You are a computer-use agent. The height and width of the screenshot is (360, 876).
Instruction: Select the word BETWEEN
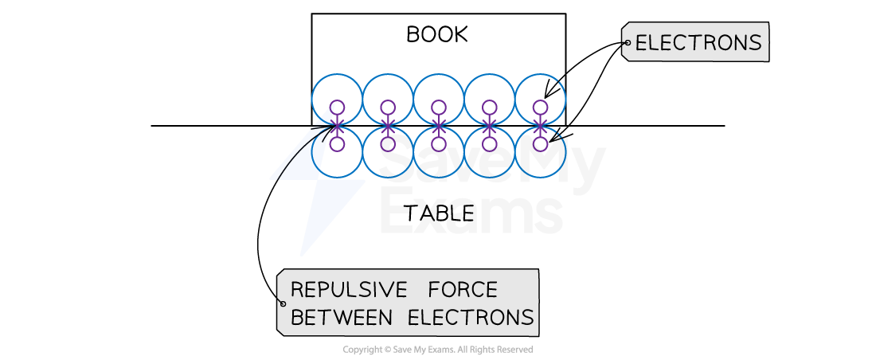coord(341,318)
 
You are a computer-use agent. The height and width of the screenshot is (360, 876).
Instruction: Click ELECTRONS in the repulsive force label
coord(470,318)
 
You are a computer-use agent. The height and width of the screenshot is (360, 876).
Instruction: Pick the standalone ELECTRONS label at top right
coord(698,43)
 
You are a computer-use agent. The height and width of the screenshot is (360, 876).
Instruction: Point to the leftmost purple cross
coord(337,125)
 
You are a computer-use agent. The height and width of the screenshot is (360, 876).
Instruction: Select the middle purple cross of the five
coord(439,125)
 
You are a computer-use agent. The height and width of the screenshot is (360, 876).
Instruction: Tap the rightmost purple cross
coord(541,125)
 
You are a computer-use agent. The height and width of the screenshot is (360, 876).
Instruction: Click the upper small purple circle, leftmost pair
coord(337,107)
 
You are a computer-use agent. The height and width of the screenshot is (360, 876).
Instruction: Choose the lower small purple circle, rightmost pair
coord(541,144)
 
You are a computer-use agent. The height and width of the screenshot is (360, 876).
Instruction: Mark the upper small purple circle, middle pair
coord(439,107)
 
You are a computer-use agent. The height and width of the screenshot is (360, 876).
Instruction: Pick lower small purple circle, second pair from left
coord(388,144)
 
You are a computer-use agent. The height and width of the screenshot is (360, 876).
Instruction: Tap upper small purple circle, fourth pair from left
coord(490,107)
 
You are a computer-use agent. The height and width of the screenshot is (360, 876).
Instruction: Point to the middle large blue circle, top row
coord(439,88)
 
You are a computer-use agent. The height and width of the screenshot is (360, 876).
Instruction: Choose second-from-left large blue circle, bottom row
coord(388,163)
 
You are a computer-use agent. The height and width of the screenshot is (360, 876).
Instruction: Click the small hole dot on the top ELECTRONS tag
coord(628,43)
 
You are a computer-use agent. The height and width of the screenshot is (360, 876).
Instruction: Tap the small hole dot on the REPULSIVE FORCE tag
coord(282,303)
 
